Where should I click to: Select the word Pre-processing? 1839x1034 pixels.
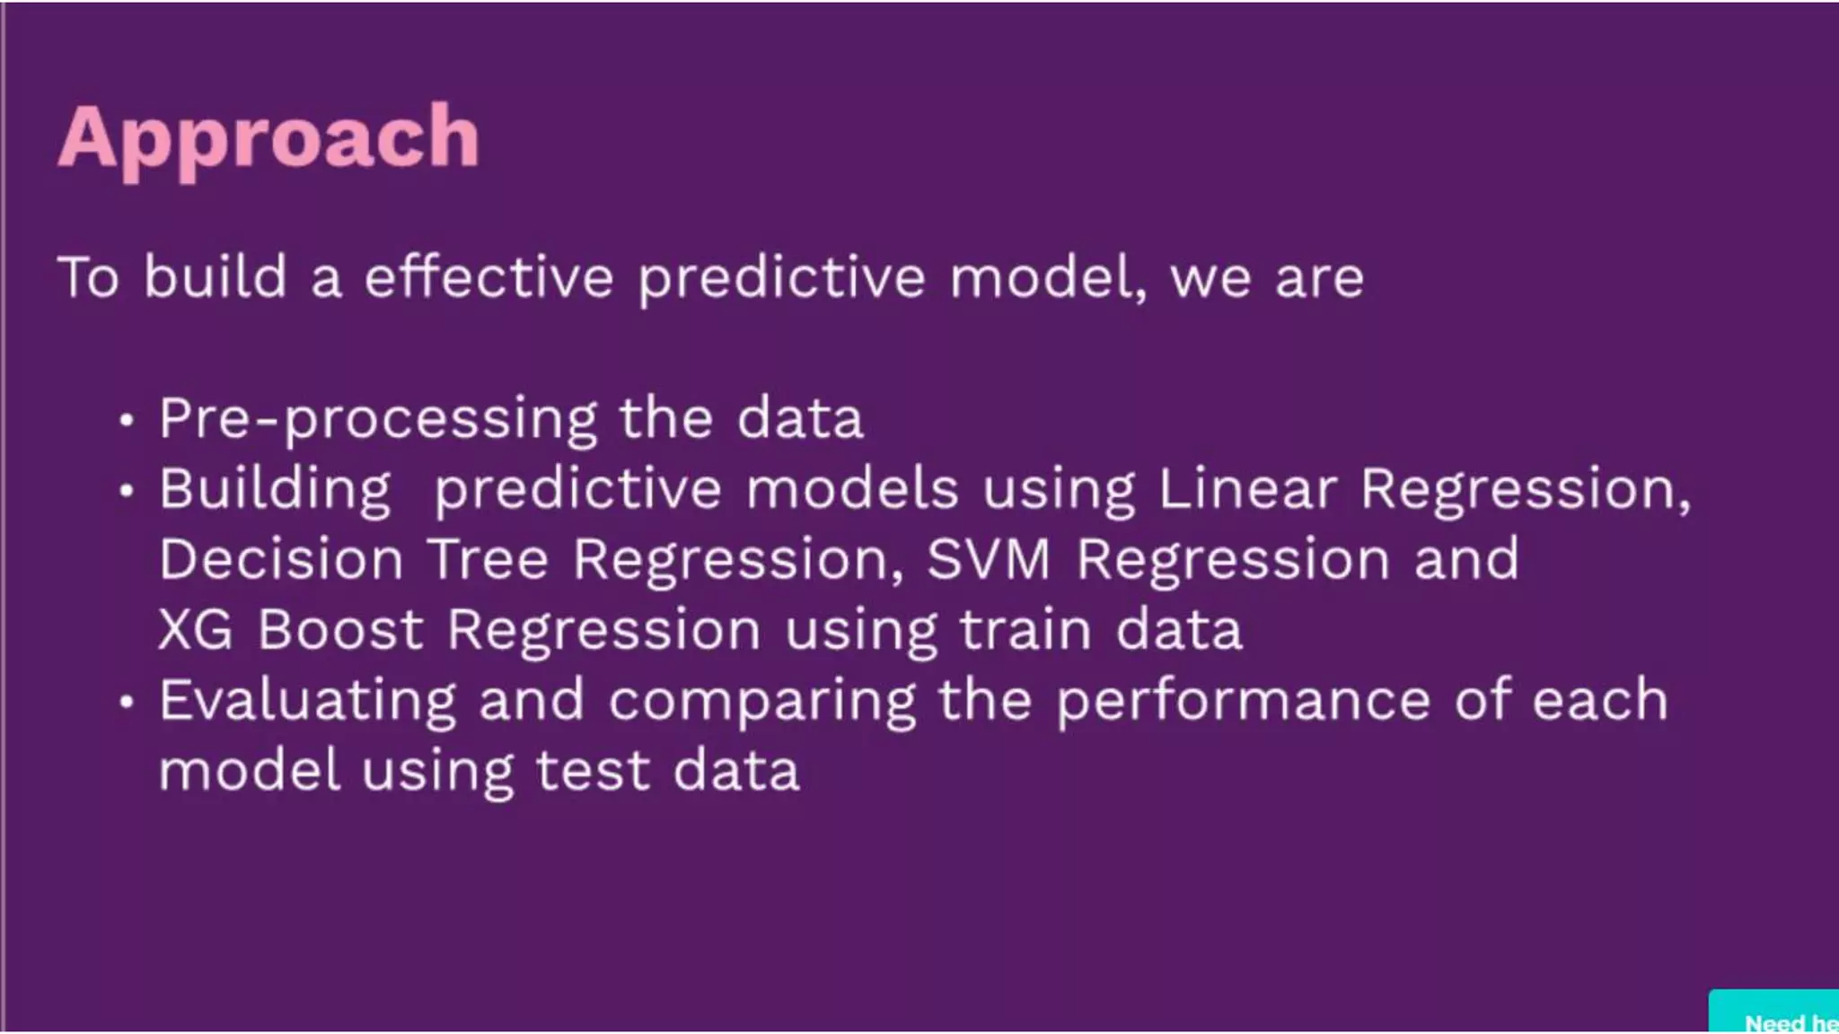tap(378, 418)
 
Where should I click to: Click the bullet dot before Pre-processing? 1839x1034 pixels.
tap(127, 420)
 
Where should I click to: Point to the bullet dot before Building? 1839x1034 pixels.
tap(127, 491)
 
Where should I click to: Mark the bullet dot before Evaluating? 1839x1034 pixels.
tap(127, 702)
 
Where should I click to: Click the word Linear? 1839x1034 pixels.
tap(1247, 489)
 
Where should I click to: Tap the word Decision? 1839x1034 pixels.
tap(281, 559)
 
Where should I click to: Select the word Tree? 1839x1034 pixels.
tap(488, 559)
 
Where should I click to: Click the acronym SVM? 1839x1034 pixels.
tap(988, 559)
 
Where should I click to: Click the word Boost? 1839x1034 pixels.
tap(340, 629)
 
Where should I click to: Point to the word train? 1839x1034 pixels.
tap(1025, 629)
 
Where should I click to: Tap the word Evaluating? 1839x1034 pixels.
tap(308, 701)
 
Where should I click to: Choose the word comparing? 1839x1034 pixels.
tap(762, 701)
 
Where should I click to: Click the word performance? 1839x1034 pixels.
tap(1243, 701)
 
